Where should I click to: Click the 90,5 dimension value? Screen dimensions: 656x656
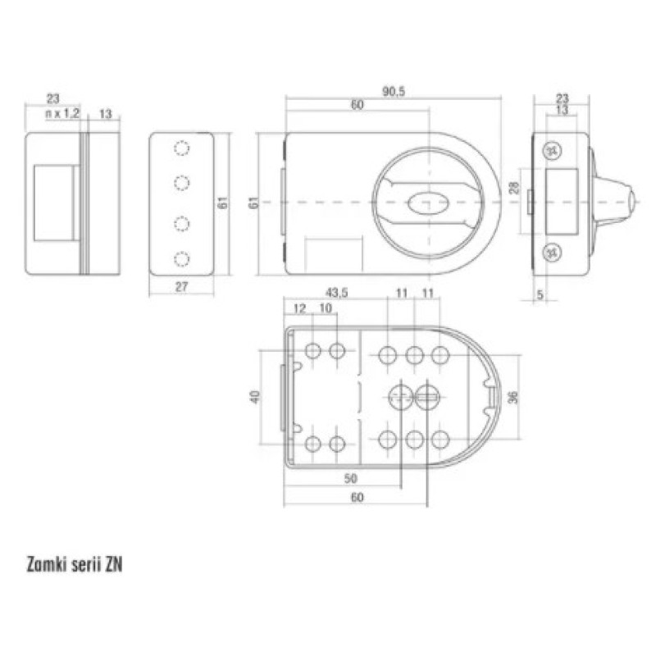(394, 92)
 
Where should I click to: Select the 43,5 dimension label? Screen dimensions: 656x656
(336, 293)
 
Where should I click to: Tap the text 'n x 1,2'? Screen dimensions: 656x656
(62, 113)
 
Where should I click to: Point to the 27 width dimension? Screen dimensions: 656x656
(181, 287)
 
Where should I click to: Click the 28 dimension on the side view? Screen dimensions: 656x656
(514, 188)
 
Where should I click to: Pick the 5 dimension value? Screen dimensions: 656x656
(540, 294)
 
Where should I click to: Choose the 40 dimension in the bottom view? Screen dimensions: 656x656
(255, 397)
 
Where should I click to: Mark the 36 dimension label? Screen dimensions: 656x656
(513, 397)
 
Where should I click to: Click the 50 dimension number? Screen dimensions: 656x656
(351, 478)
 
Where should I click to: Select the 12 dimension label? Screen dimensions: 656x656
(299, 309)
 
